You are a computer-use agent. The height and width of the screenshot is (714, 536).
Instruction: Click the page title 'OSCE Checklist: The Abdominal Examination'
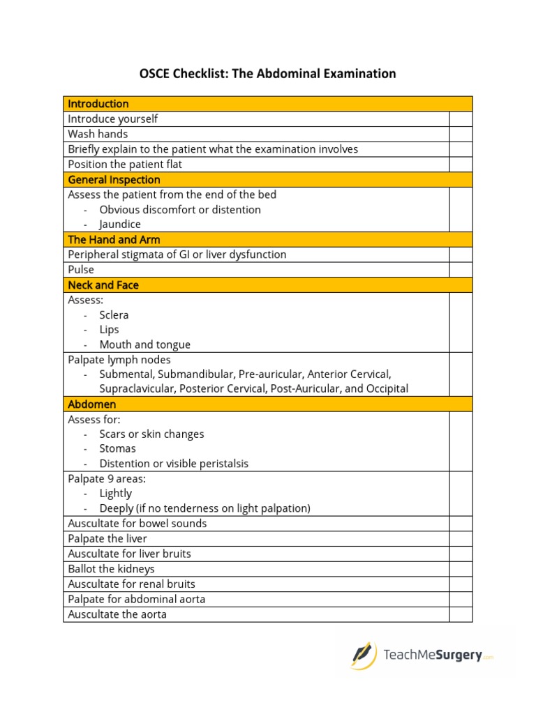tap(268, 73)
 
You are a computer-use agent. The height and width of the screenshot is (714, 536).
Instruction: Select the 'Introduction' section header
tap(98, 104)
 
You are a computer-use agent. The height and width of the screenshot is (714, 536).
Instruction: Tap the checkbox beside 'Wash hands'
tap(461, 134)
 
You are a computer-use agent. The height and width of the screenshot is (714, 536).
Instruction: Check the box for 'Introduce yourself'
tap(461, 119)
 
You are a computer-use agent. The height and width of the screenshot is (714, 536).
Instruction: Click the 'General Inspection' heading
tap(114, 179)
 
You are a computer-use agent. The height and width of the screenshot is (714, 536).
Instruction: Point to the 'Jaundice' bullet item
tap(120, 225)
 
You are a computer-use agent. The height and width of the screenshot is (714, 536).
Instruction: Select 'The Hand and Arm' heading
tap(114, 240)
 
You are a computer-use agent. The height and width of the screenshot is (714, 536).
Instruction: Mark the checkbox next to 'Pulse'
tap(461, 270)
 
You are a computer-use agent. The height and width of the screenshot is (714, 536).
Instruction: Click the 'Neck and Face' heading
tap(103, 285)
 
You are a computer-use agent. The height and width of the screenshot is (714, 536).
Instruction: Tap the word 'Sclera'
tap(114, 315)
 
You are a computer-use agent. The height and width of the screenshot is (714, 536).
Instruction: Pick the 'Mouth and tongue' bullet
tap(144, 344)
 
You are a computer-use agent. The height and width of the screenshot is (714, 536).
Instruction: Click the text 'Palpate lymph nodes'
tap(119, 360)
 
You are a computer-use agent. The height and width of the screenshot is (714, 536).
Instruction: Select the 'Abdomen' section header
tap(92, 404)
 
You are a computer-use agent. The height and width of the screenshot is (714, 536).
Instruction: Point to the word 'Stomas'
tap(117, 448)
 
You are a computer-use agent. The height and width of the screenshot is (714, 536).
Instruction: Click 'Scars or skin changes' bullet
tap(151, 434)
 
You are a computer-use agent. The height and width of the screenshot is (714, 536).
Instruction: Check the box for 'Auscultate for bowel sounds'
tap(461, 524)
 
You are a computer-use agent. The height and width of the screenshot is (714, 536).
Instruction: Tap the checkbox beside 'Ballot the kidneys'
tap(461, 569)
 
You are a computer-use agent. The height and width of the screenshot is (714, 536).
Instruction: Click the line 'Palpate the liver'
tap(107, 539)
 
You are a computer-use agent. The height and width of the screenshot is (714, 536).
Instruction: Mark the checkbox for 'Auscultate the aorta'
tap(461, 614)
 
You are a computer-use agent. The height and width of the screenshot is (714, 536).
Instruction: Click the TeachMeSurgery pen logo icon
tap(362, 655)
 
